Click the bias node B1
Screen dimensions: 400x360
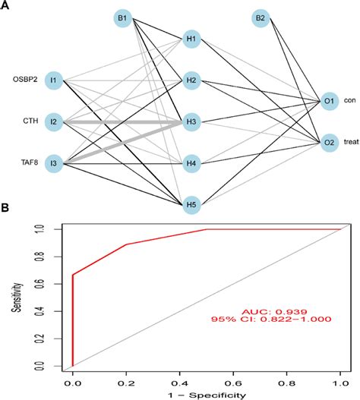[x=122, y=17]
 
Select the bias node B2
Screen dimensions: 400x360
[x=261, y=17]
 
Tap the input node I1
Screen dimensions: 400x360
[x=54, y=80]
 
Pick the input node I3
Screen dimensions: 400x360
[x=54, y=162]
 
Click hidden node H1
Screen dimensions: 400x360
[x=191, y=39]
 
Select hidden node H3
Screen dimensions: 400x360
[x=191, y=121]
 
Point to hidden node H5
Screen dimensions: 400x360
[x=191, y=203]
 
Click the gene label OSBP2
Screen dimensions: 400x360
[x=23, y=79]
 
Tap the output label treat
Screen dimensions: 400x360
[x=351, y=142]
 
